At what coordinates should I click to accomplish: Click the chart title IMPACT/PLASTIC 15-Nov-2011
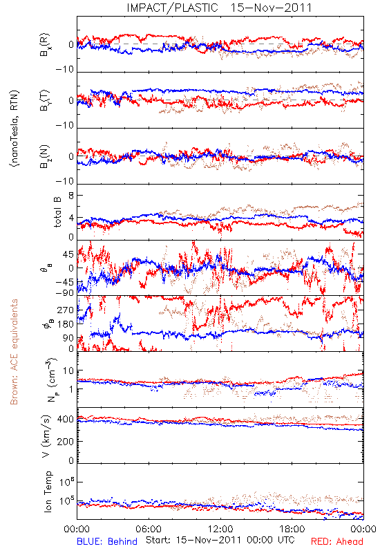point(219,8)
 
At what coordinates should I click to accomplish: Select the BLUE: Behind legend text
point(107,541)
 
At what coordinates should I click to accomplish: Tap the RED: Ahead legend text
point(337,541)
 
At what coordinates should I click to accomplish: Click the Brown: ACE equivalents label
point(14,352)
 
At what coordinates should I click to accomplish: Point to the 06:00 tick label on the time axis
point(149,529)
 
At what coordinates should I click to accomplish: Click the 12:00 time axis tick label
point(220,529)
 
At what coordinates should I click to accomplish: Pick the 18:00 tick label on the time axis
point(292,529)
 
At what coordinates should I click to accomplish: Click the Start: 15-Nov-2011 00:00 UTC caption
point(220,540)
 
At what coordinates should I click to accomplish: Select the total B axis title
point(57,212)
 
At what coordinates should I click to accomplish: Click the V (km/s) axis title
point(46,436)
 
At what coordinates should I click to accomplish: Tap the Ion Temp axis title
point(48,491)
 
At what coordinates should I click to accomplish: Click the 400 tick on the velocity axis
point(66,419)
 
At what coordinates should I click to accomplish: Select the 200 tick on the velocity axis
point(66,441)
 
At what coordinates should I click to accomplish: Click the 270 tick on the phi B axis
point(66,310)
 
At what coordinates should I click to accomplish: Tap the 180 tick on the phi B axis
point(66,324)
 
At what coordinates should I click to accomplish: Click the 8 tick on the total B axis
point(71,196)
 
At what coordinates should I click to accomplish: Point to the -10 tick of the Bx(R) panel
point(65,69)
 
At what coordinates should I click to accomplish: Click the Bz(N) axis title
point(45,156)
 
